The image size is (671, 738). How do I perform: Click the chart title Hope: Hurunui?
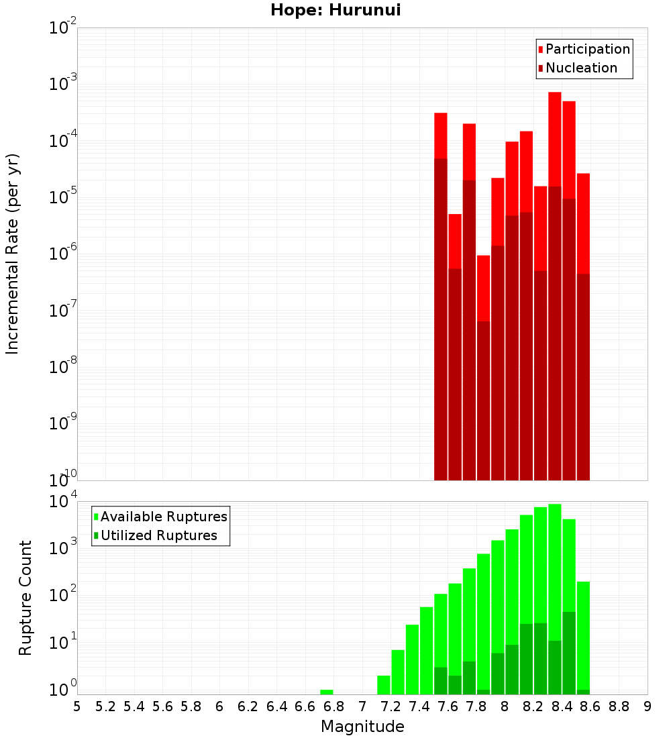(x=335, y=11)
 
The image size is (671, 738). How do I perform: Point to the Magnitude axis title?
(x=362, y=726)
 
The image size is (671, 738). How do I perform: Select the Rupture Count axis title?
(x=25, y=597)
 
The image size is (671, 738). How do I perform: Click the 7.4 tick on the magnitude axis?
(x=419, y=706)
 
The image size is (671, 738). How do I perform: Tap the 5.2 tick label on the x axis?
(x=106, y=706)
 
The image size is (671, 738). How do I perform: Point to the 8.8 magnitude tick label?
(x=619, y=706)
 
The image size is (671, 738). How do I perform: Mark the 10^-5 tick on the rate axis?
(x=63, y=197)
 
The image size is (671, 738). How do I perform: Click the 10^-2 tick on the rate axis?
(x=63, y=28)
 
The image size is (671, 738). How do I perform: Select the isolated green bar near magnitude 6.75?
(x=326, y=692)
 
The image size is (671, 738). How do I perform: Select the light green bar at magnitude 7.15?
(x=384, y=685)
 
